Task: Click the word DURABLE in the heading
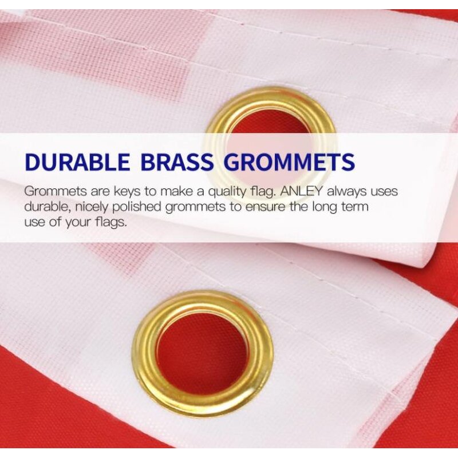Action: point(77,163)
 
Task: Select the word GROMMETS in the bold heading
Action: point(289,163)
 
